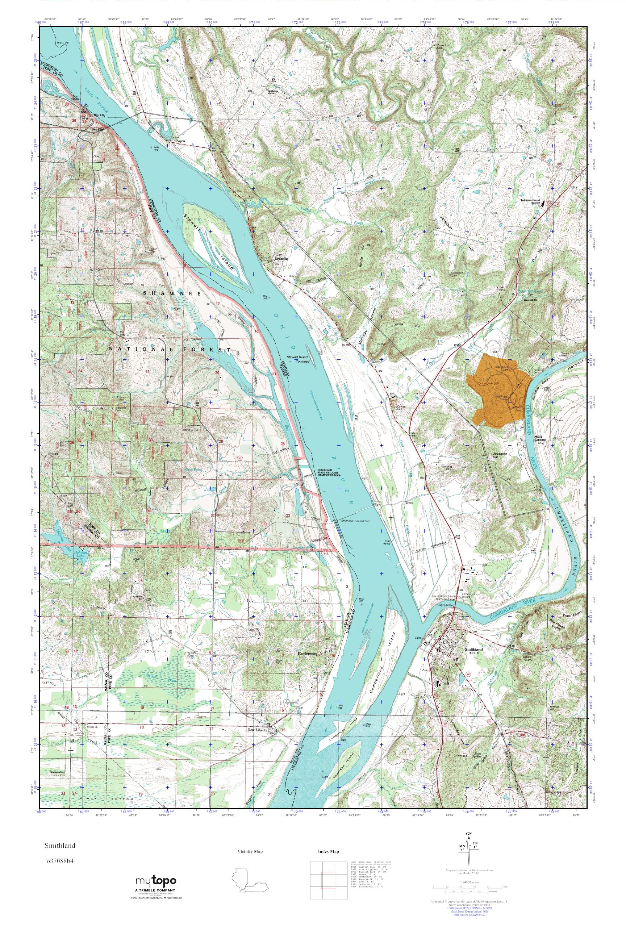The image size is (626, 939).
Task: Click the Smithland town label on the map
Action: coord(474,649)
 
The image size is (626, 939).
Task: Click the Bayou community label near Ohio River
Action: coord(180,141)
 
